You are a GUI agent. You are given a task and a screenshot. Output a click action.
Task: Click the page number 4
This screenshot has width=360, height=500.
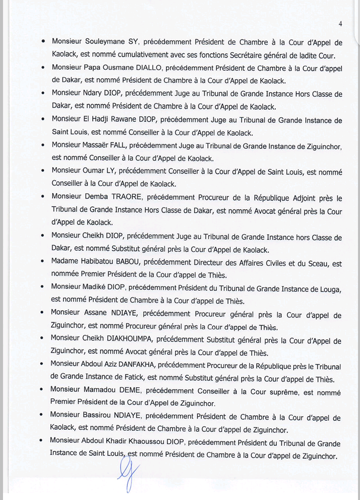pos(340,24)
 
